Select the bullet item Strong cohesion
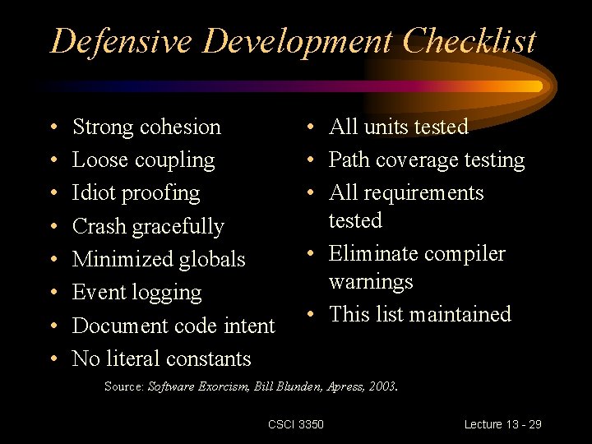(x=146, y=127)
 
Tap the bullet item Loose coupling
(x=143, y=160)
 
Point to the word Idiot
(x=93, y=193)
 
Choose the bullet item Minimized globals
(x=159, y=259)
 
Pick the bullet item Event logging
(x=136, y=293)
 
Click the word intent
(x=249, y=326)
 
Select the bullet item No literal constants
(x=161, y=358)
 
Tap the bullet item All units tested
(x=398, y=127)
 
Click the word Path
(x=349, y=160)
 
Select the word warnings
(x=371, y=282)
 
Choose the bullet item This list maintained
(x=419, y=314)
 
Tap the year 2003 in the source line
(x=382, y=386)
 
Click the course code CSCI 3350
(x=295, y=424)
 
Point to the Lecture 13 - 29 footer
(x=502, y=424)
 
